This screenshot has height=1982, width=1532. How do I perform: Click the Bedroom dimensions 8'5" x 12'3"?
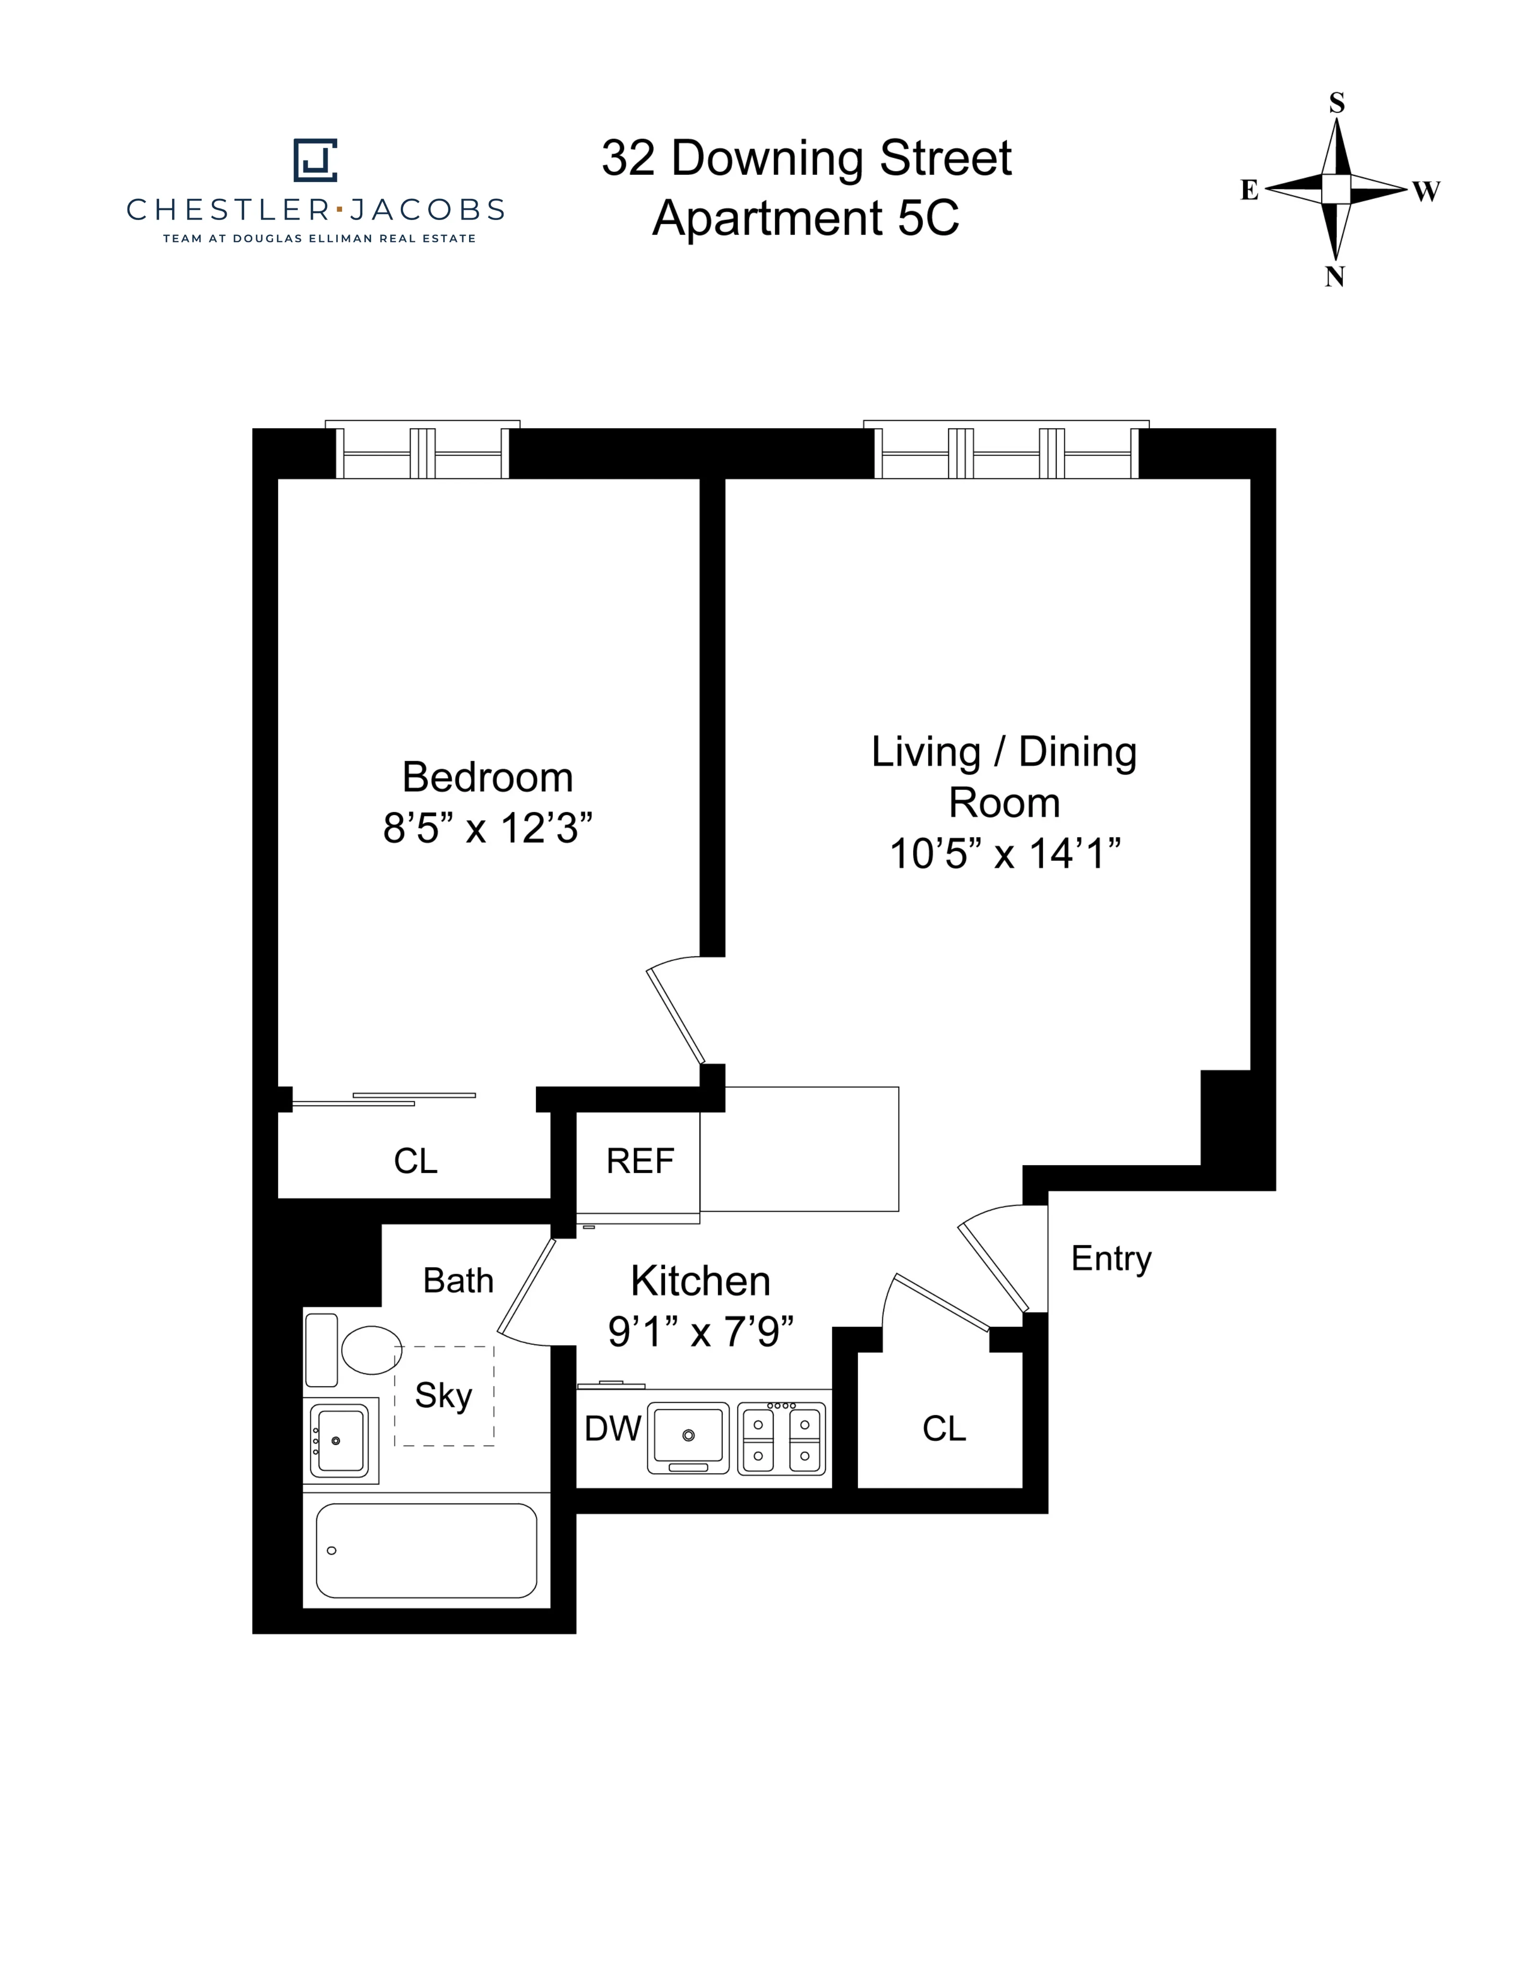(x=487, y=828)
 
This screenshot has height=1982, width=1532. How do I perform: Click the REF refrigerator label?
(x=640, y=1161)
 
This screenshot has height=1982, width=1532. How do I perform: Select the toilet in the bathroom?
(x=371, y=1350)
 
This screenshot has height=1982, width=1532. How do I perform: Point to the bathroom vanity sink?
(x=339, y=1440)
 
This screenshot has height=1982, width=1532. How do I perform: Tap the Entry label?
(x=1111, y=1259)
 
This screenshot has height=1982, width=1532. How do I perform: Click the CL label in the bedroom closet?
(x=416, y=1161)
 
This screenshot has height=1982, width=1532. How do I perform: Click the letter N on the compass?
(x=1334, y=277)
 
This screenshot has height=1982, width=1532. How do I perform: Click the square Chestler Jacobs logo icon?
(x=315, y=160)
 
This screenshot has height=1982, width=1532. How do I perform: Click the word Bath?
(x=458, y=1280)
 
